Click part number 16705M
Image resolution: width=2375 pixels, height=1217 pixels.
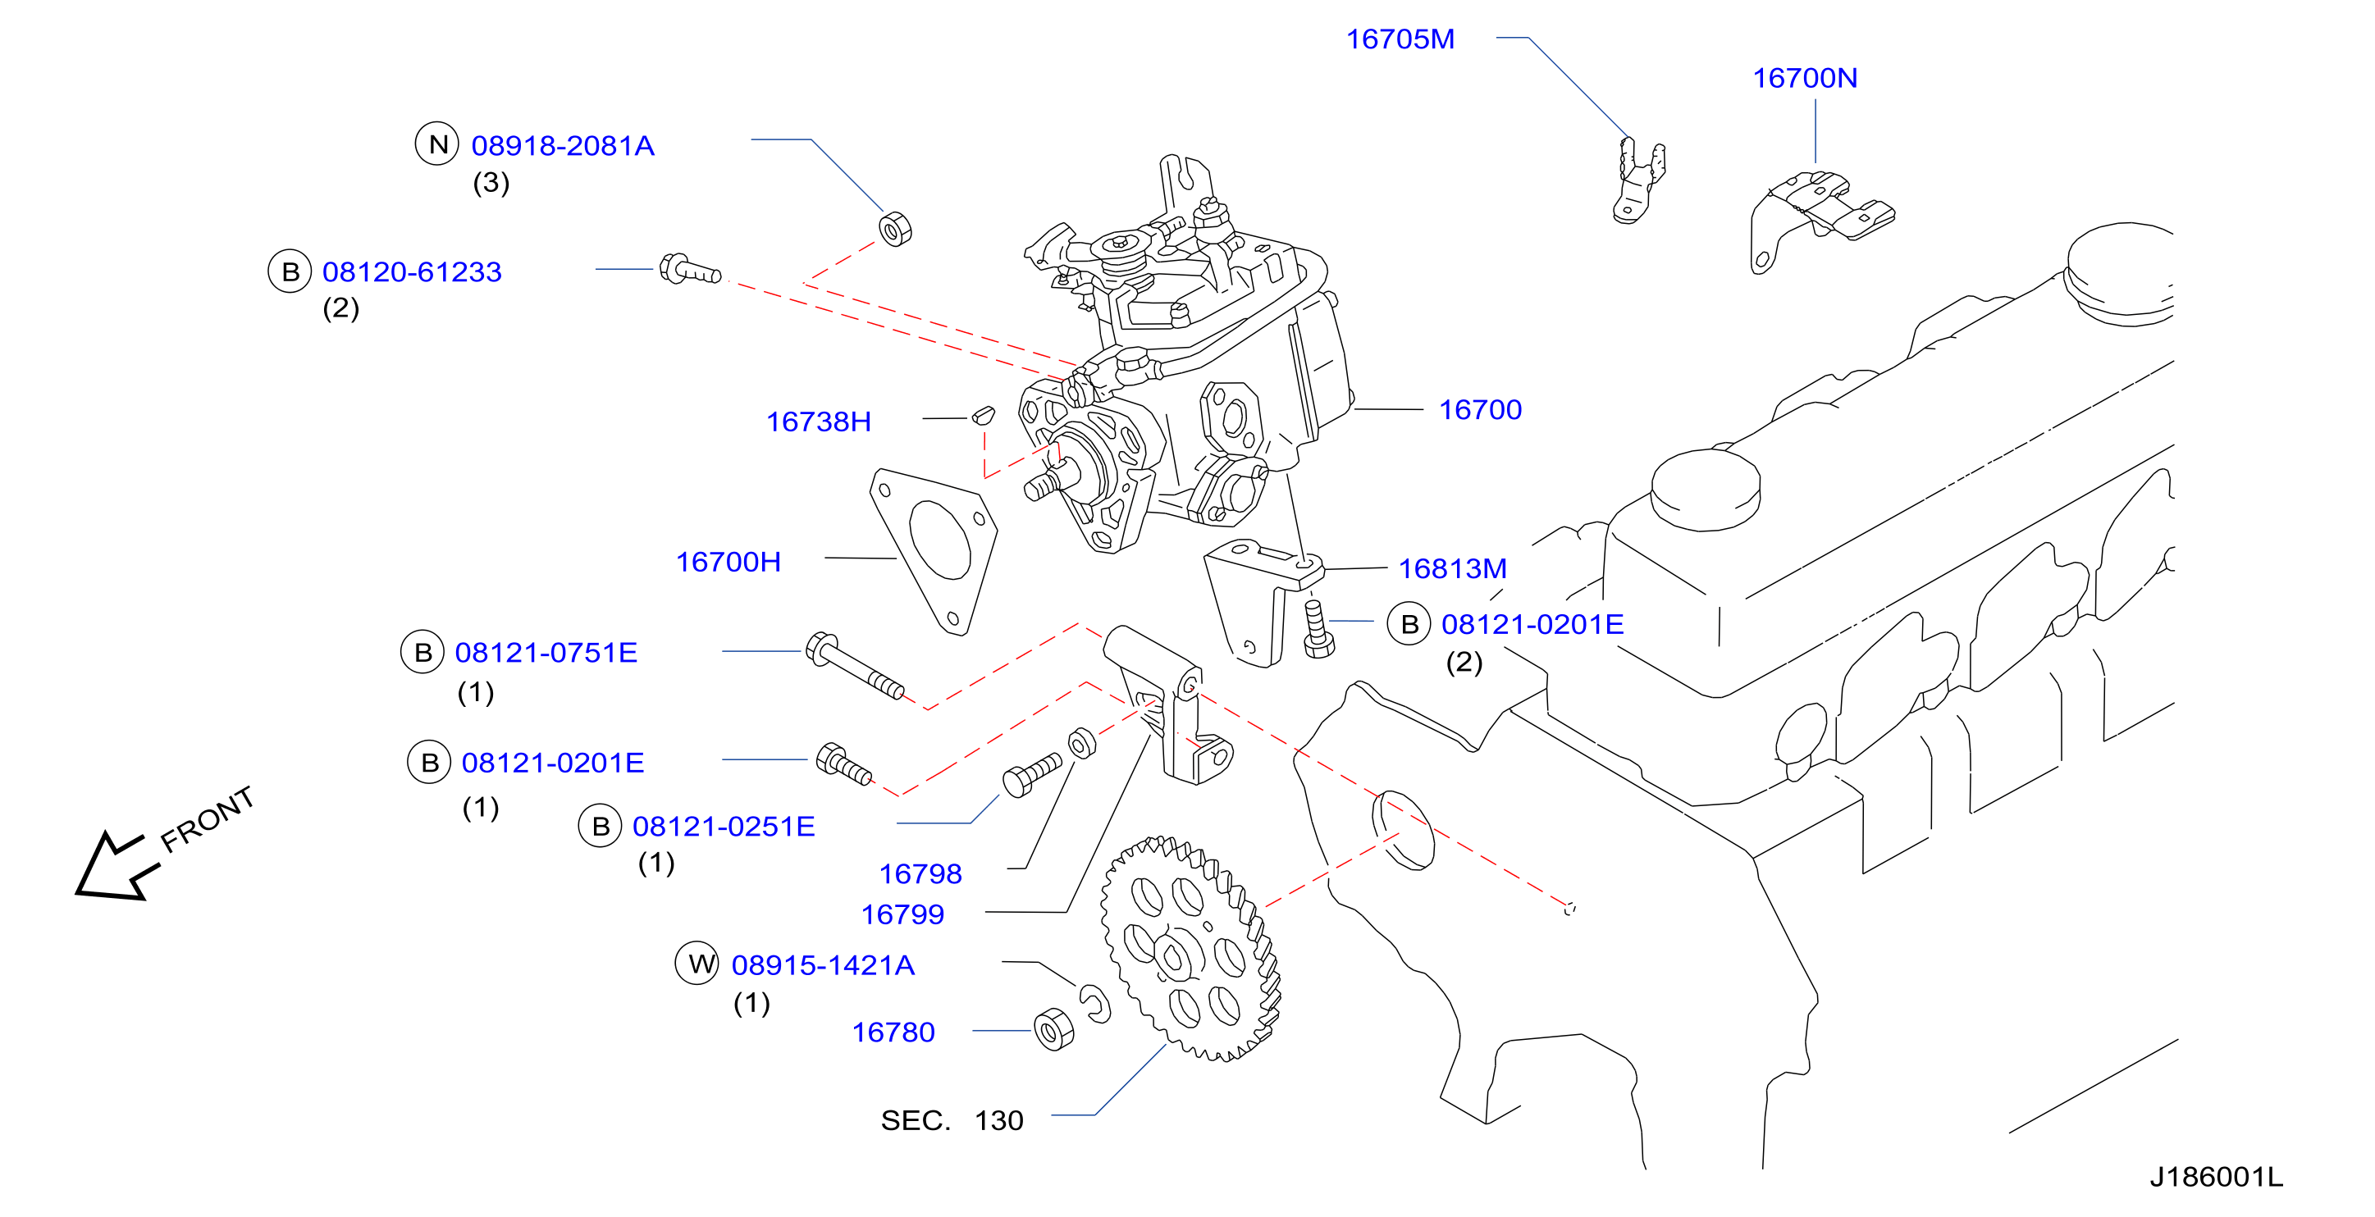[1400, 39]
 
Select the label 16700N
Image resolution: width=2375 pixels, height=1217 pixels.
[1804, 79]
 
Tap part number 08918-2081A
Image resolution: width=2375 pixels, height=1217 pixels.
[563, 146]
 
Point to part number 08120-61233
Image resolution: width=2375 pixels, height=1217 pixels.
[412, 272]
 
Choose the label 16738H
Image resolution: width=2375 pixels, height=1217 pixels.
[819, 422]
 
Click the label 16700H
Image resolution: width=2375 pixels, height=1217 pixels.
[728, 562]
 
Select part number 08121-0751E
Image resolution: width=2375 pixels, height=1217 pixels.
[546, 653]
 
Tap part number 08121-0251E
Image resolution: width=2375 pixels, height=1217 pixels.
[724, 826]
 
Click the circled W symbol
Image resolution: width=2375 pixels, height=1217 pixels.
[698, 964]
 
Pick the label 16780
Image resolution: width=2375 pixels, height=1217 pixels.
[893, 1032]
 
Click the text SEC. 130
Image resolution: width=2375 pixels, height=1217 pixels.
[952, 1120]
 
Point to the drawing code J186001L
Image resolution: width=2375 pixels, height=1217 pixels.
[2216, 1177]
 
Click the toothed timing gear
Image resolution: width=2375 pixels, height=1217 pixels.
[1190, 950]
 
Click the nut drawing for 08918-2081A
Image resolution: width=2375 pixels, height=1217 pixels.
[894, 229]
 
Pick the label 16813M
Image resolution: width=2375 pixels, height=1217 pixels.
[1452, 569]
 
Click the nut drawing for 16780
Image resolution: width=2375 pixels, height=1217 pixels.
[1054, 1029]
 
